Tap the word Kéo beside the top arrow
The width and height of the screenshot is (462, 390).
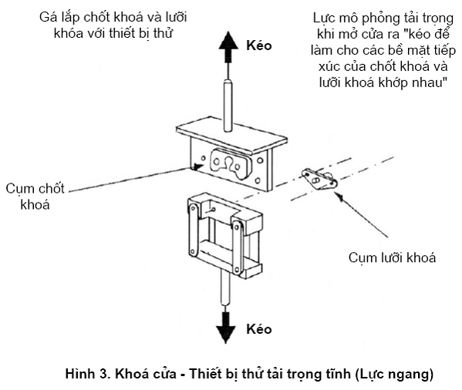click(258, 45)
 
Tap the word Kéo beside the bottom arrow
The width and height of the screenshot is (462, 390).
click(258, 329)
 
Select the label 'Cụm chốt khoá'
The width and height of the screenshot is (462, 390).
click(35, 197)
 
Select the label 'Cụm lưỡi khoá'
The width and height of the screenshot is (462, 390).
click(392, 257)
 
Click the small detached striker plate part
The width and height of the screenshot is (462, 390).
click(319, 179)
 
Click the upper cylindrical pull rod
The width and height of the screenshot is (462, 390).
click(228, 105)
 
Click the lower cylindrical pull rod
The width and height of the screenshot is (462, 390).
click(225, 287)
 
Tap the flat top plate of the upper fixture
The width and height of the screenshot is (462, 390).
click(231, 135)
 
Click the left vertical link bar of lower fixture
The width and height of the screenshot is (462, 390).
click(194, 230)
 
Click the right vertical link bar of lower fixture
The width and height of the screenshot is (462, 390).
click(237, 247)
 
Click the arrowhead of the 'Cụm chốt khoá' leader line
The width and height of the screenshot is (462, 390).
click(197, 167)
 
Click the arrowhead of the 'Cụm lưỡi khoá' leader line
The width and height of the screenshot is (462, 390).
click(339, 196)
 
